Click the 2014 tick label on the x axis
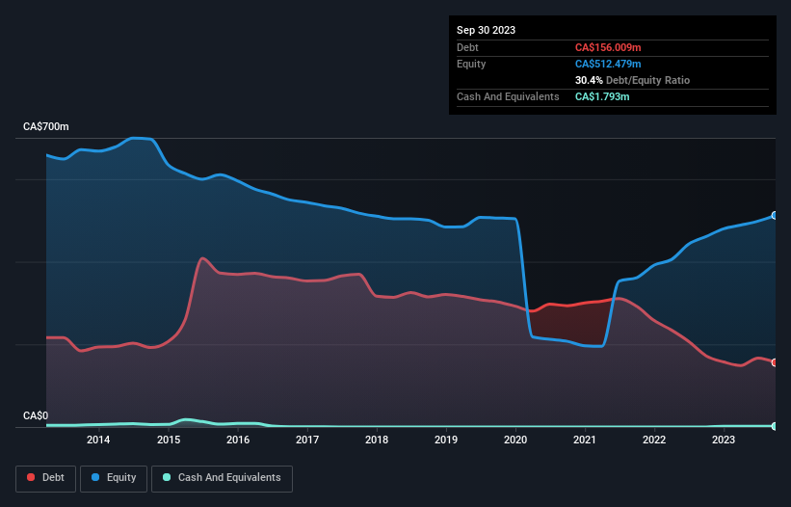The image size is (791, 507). pos(97,440)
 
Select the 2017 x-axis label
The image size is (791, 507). pos(307,440)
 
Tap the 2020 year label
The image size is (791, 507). pos(515,440)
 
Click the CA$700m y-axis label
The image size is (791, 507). pos(45,127)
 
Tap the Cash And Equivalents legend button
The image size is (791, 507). pos(222,477)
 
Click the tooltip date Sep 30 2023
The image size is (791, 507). pos(486,30)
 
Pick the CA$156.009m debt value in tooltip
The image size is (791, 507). pos(609,47)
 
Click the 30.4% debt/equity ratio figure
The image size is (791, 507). pos(590,80)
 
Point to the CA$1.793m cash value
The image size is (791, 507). pos(602,96)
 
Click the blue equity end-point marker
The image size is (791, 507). pos(775,215)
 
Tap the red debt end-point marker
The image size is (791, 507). pos(775,362)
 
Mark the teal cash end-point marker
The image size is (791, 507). pos(775,425)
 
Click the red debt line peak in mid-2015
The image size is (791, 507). pos(202,258)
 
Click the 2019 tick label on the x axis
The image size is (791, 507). pos(446,440)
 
